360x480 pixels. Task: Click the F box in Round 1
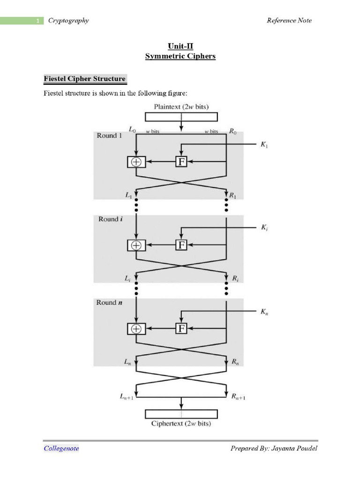point(181,162)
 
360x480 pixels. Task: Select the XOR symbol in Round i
point(136,245)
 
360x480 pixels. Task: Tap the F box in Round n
point(181,329)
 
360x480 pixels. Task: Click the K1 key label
point(264,145)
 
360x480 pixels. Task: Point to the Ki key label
point(264,227)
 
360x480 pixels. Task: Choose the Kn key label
point(264,311)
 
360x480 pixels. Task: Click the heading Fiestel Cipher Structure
point(84,78)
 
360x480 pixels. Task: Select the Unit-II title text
point(180,46)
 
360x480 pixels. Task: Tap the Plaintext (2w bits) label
point(180,106)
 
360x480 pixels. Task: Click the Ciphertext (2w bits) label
point(181,423)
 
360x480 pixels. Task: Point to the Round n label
point(109,302)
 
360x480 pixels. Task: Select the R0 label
point(233,132)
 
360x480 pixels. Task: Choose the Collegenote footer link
point(61,448)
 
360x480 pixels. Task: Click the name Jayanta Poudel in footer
point(294,448)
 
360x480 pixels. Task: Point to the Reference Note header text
point(289,20)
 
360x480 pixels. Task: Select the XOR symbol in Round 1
point(136,162)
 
